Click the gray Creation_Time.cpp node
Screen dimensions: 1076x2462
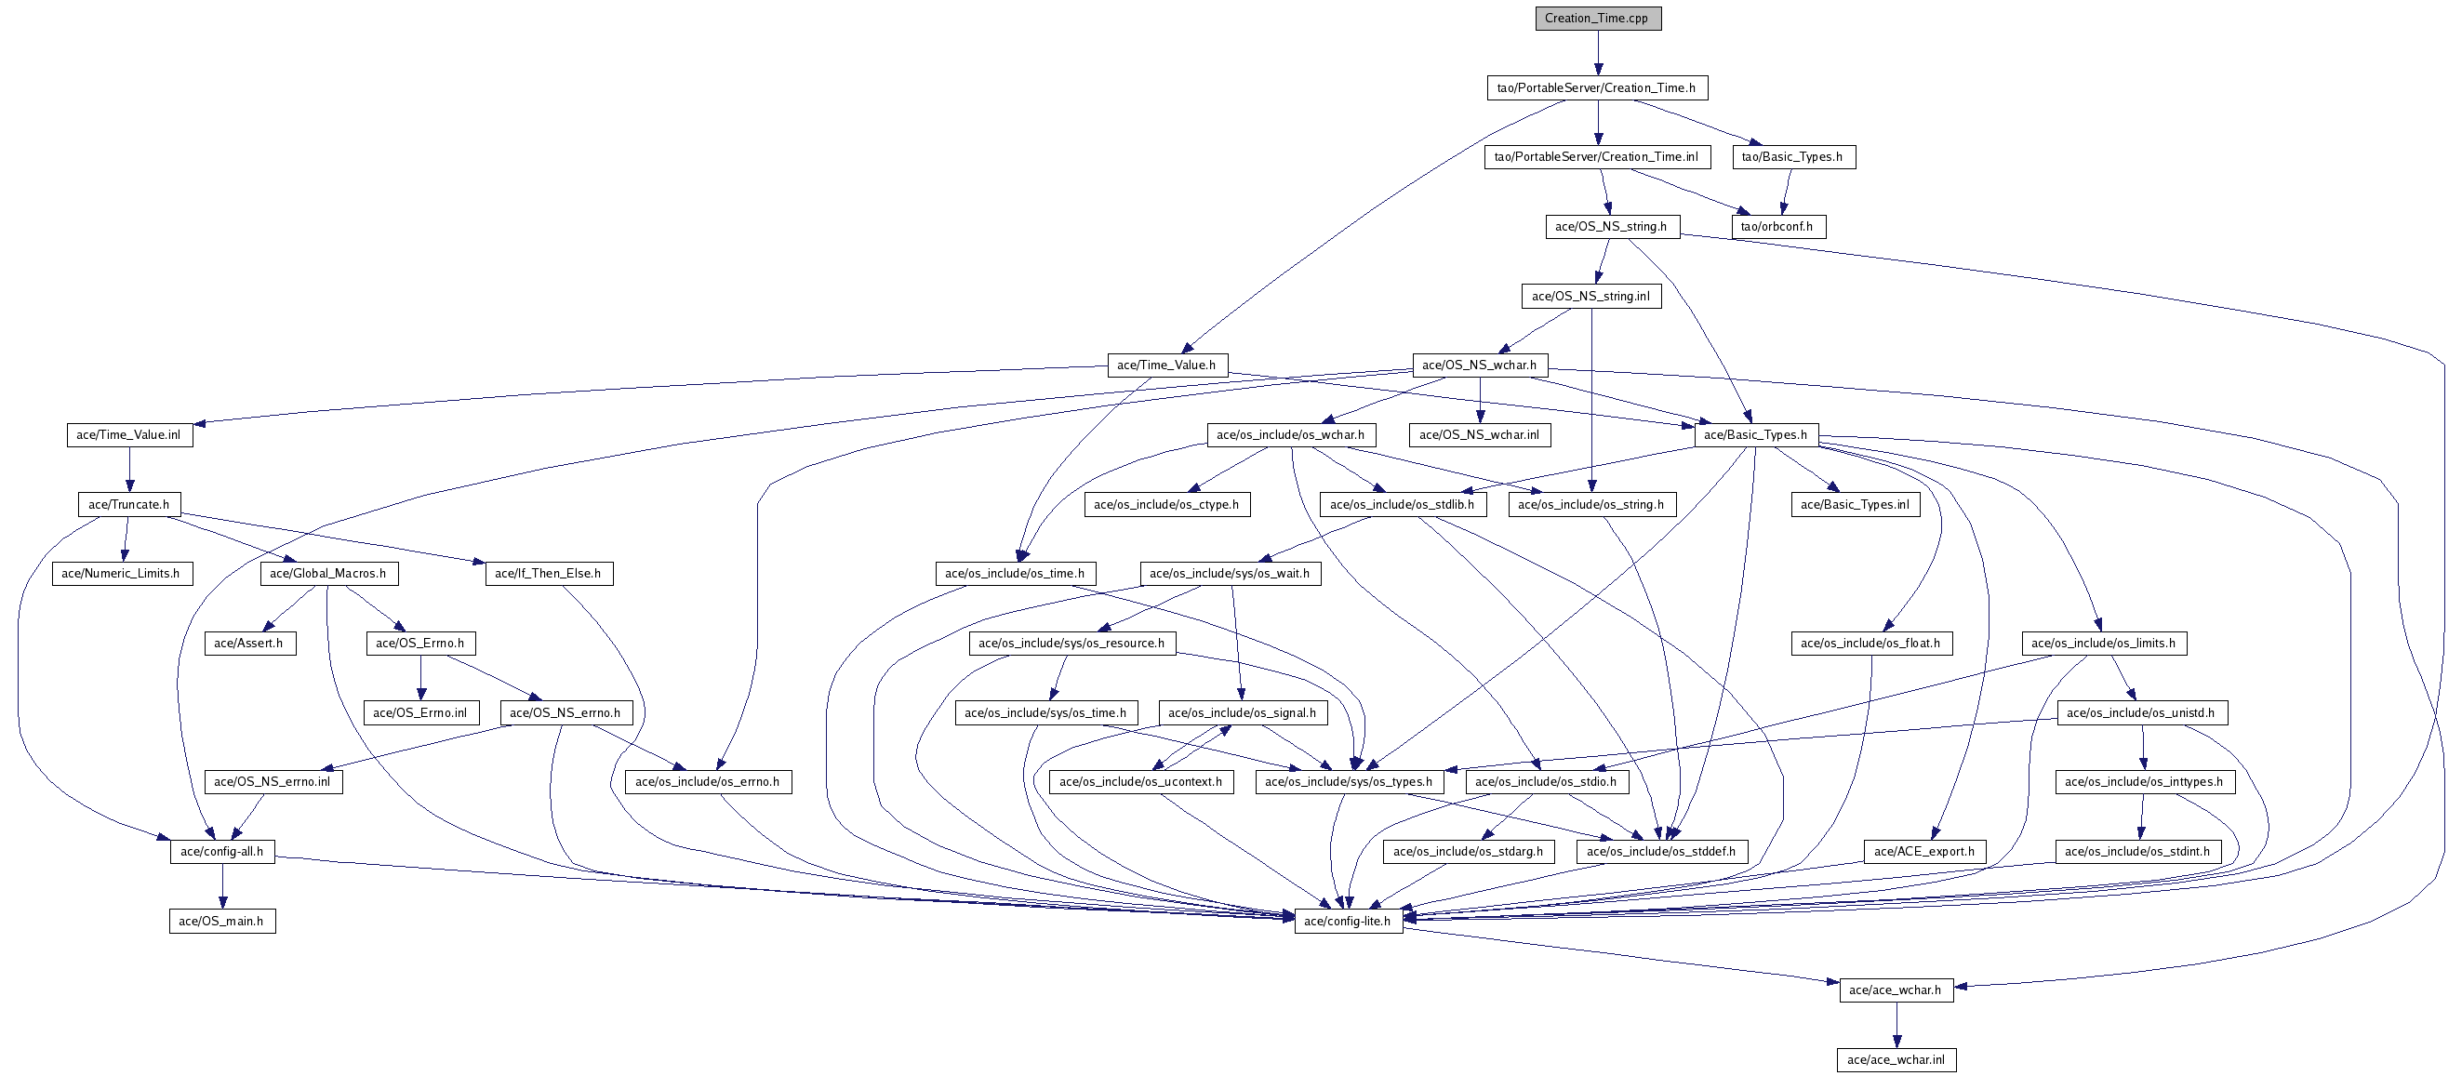(x=1598, y=19)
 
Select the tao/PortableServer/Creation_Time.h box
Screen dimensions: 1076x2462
(x=1596, y=88)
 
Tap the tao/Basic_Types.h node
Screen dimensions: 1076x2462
(x=1793, y=157)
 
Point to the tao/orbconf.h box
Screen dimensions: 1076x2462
(x=1777, y=227)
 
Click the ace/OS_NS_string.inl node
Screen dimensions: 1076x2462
(x=1591, y=297)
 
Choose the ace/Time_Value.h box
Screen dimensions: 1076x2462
(x=1166, y=365)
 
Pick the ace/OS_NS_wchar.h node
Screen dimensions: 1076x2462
(x=1480, y=365)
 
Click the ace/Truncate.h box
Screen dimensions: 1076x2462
(x=129, y=505)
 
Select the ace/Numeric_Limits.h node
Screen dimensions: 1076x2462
(x=122, y=574)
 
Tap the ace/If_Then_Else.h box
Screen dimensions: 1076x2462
(x=549, y=574)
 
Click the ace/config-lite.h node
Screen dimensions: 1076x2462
(x=1348, y=922)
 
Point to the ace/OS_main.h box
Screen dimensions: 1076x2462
(x=221, y=922)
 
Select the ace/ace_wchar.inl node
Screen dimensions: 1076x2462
(x=1896, y=1060)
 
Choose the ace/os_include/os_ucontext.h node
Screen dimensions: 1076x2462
(x=1141, y=782)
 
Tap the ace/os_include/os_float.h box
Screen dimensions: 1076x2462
(x=1870, y=644)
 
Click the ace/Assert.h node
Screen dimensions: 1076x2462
(x=248, y=644)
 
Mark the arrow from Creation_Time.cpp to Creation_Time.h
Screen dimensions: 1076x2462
(x=1598, y=53)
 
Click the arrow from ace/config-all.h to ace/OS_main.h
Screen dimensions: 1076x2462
(x=222, y=886)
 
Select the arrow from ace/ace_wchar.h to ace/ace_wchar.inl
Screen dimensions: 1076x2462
(x=1896, y=1025)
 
